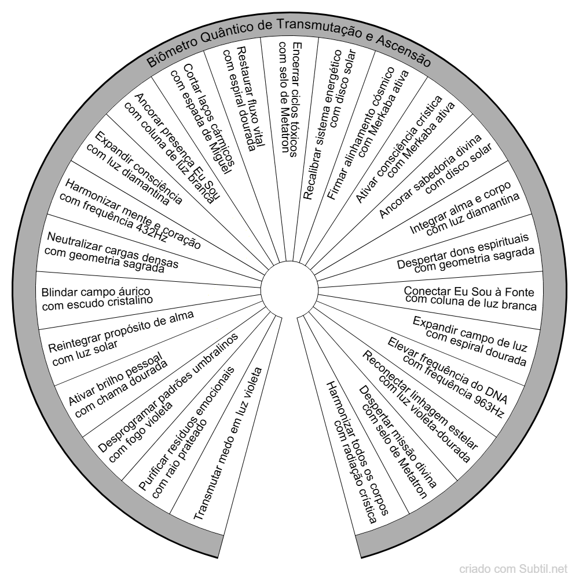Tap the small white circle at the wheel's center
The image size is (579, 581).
point(289,290)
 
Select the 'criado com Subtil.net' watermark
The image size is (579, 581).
point(513,569)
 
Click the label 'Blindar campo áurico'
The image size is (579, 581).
point(96,292)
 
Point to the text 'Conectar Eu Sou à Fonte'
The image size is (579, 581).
point(469,292)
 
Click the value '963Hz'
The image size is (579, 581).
point(486,403)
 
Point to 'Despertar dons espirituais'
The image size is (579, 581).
point(463,250)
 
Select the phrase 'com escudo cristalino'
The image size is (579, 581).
point(97,303)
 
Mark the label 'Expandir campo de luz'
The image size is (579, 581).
point(470,334)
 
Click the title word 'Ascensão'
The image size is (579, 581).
point(403,51)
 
